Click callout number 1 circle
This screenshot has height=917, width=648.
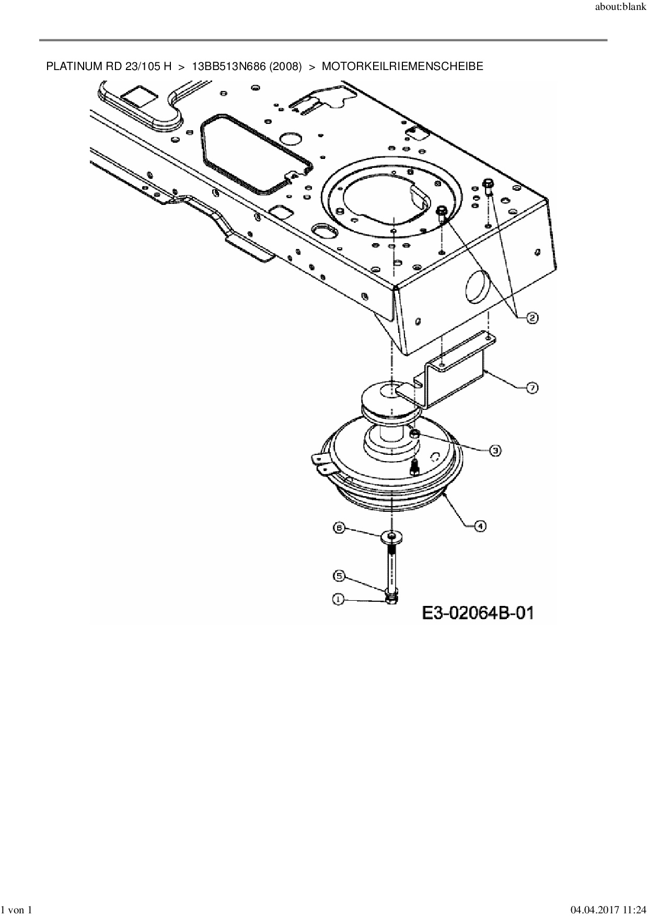coord(339,600)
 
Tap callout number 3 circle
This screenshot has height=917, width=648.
coord(495,450)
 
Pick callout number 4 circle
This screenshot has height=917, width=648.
coord(480,526)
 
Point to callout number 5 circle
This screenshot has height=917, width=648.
coord(339,576)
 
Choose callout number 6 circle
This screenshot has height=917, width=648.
coord(339,529)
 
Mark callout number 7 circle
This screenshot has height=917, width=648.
coord(531,388)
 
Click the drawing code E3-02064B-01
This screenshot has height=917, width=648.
coord(478,612)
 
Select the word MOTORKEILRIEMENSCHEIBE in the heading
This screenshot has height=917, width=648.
coord(402,67)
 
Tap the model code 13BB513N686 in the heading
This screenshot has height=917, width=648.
coord(227,67)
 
